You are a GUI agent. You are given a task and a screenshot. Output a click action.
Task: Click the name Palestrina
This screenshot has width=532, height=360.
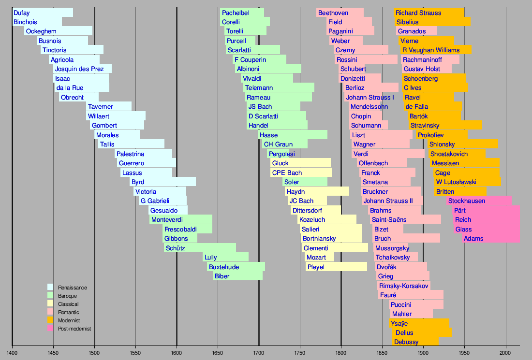(x=130, y=154)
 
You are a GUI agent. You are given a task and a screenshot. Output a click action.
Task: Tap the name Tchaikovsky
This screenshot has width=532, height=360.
(x=393, y=257)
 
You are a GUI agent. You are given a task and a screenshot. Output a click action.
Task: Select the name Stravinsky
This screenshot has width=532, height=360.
(x=425, y=126)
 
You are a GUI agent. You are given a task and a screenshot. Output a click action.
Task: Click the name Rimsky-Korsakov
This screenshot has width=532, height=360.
(x=404, y=286)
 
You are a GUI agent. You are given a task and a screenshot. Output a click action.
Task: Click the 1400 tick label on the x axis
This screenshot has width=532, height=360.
(x=12, y=353)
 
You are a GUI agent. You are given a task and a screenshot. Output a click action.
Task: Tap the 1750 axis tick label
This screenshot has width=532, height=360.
(x=300, y=353)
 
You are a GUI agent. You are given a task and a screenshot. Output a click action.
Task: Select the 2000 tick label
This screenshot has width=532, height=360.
(x=506, y=353)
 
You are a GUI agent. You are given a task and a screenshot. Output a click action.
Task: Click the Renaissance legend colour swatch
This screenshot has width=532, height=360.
(x=50, y=288)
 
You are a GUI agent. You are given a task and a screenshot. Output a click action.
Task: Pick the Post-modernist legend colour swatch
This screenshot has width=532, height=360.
(x=50, y=329)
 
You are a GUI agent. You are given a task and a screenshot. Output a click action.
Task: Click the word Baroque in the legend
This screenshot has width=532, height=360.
(x=67, y=296)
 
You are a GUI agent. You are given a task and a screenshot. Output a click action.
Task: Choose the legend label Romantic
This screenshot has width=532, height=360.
(x=68, y=313)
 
